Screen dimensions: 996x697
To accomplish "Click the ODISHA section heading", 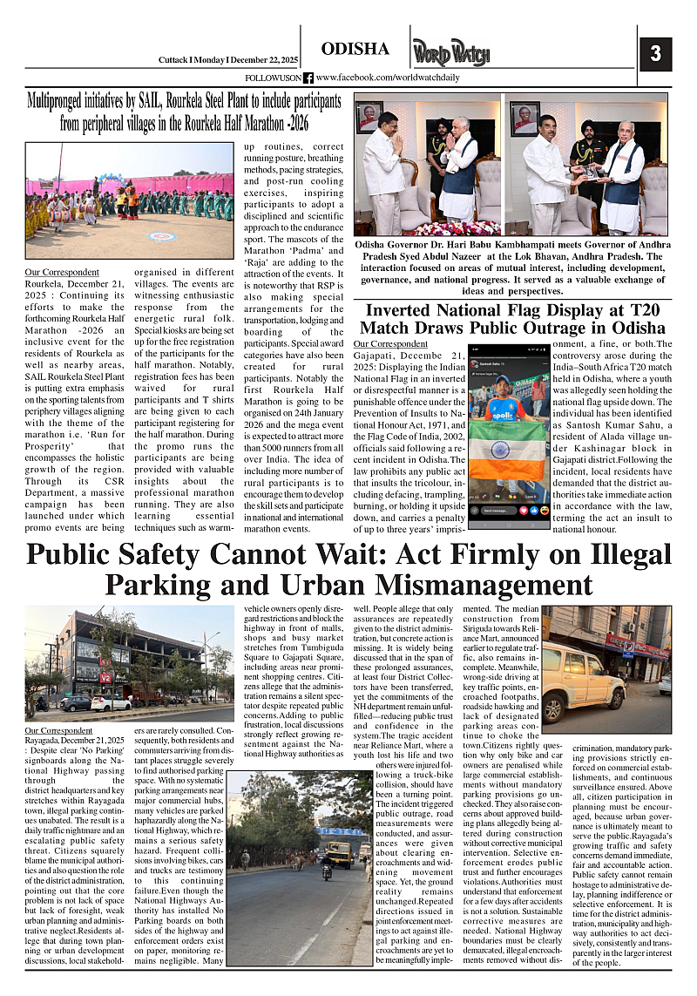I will coord(355,48).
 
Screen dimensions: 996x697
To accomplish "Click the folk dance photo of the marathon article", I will coord(129,201).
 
